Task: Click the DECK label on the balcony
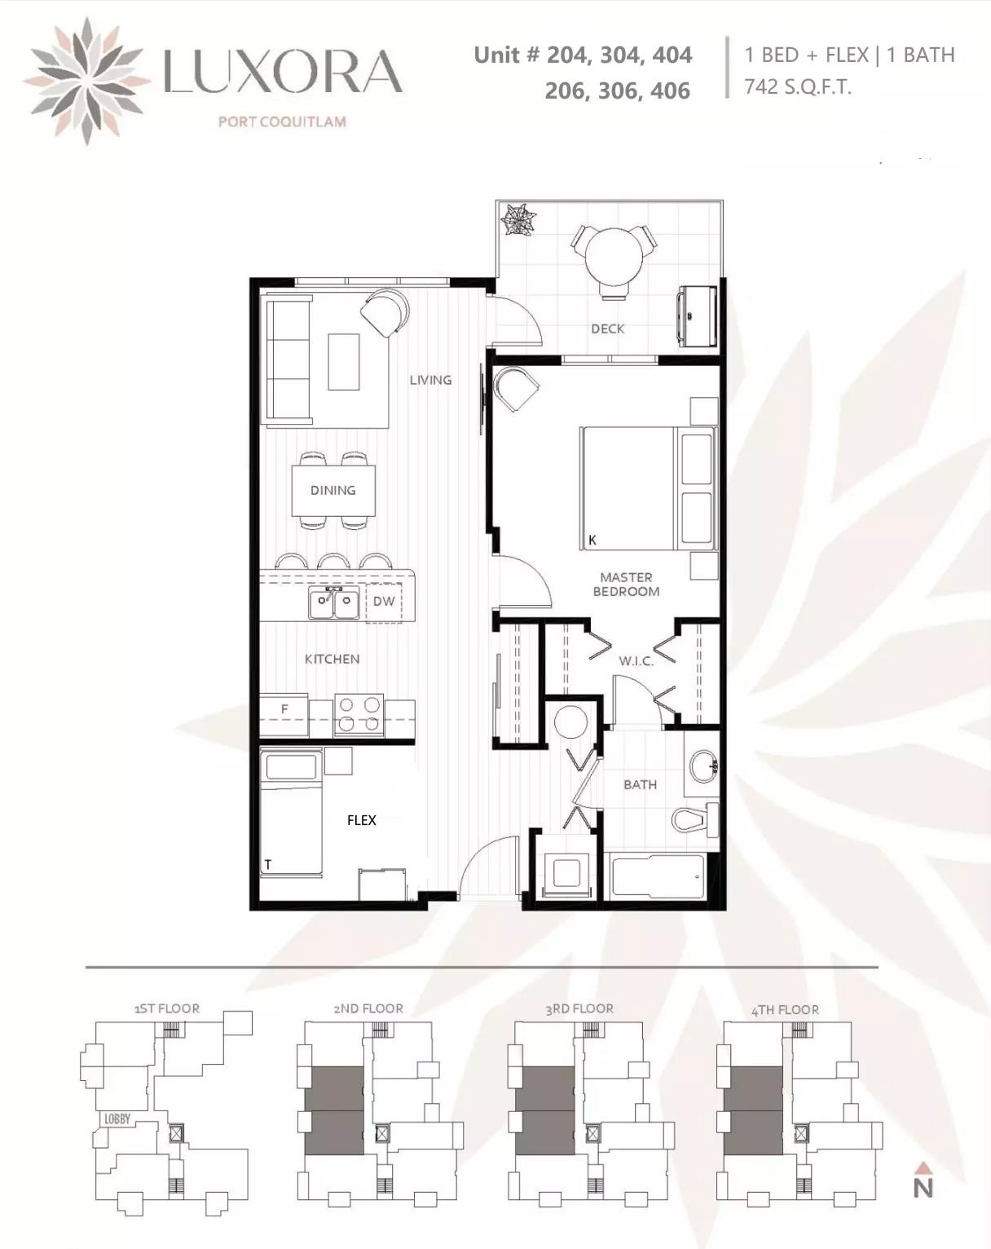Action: [607, 329]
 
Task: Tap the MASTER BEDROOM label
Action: [626, 585]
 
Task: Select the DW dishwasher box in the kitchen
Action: [384, 602]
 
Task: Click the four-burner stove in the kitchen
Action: [359, 714]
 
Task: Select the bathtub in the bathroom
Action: [658, 876]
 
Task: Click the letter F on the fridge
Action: [284, 709]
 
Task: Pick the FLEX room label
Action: [362, 820]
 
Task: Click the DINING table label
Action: [333, 491]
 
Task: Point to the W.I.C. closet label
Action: [636, 661]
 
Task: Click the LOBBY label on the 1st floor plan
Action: [117, 1119]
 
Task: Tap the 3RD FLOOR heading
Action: [579, 1008]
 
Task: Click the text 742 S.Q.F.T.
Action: [798, 87]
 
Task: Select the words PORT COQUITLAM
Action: [282, 121]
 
